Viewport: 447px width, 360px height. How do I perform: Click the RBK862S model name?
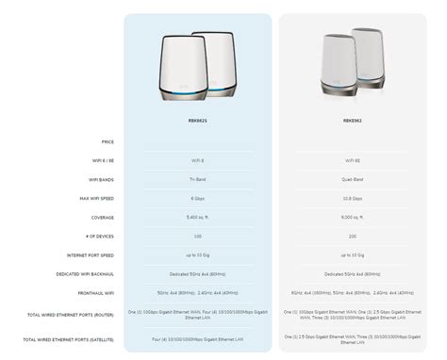197,120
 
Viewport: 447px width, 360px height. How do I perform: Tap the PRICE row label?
107,141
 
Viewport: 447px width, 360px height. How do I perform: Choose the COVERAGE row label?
103,217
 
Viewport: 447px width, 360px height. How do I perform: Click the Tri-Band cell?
197,179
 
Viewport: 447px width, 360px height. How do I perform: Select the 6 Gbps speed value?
197,198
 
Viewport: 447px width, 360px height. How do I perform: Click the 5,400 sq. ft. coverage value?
197,217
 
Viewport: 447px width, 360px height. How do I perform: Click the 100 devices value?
197,236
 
